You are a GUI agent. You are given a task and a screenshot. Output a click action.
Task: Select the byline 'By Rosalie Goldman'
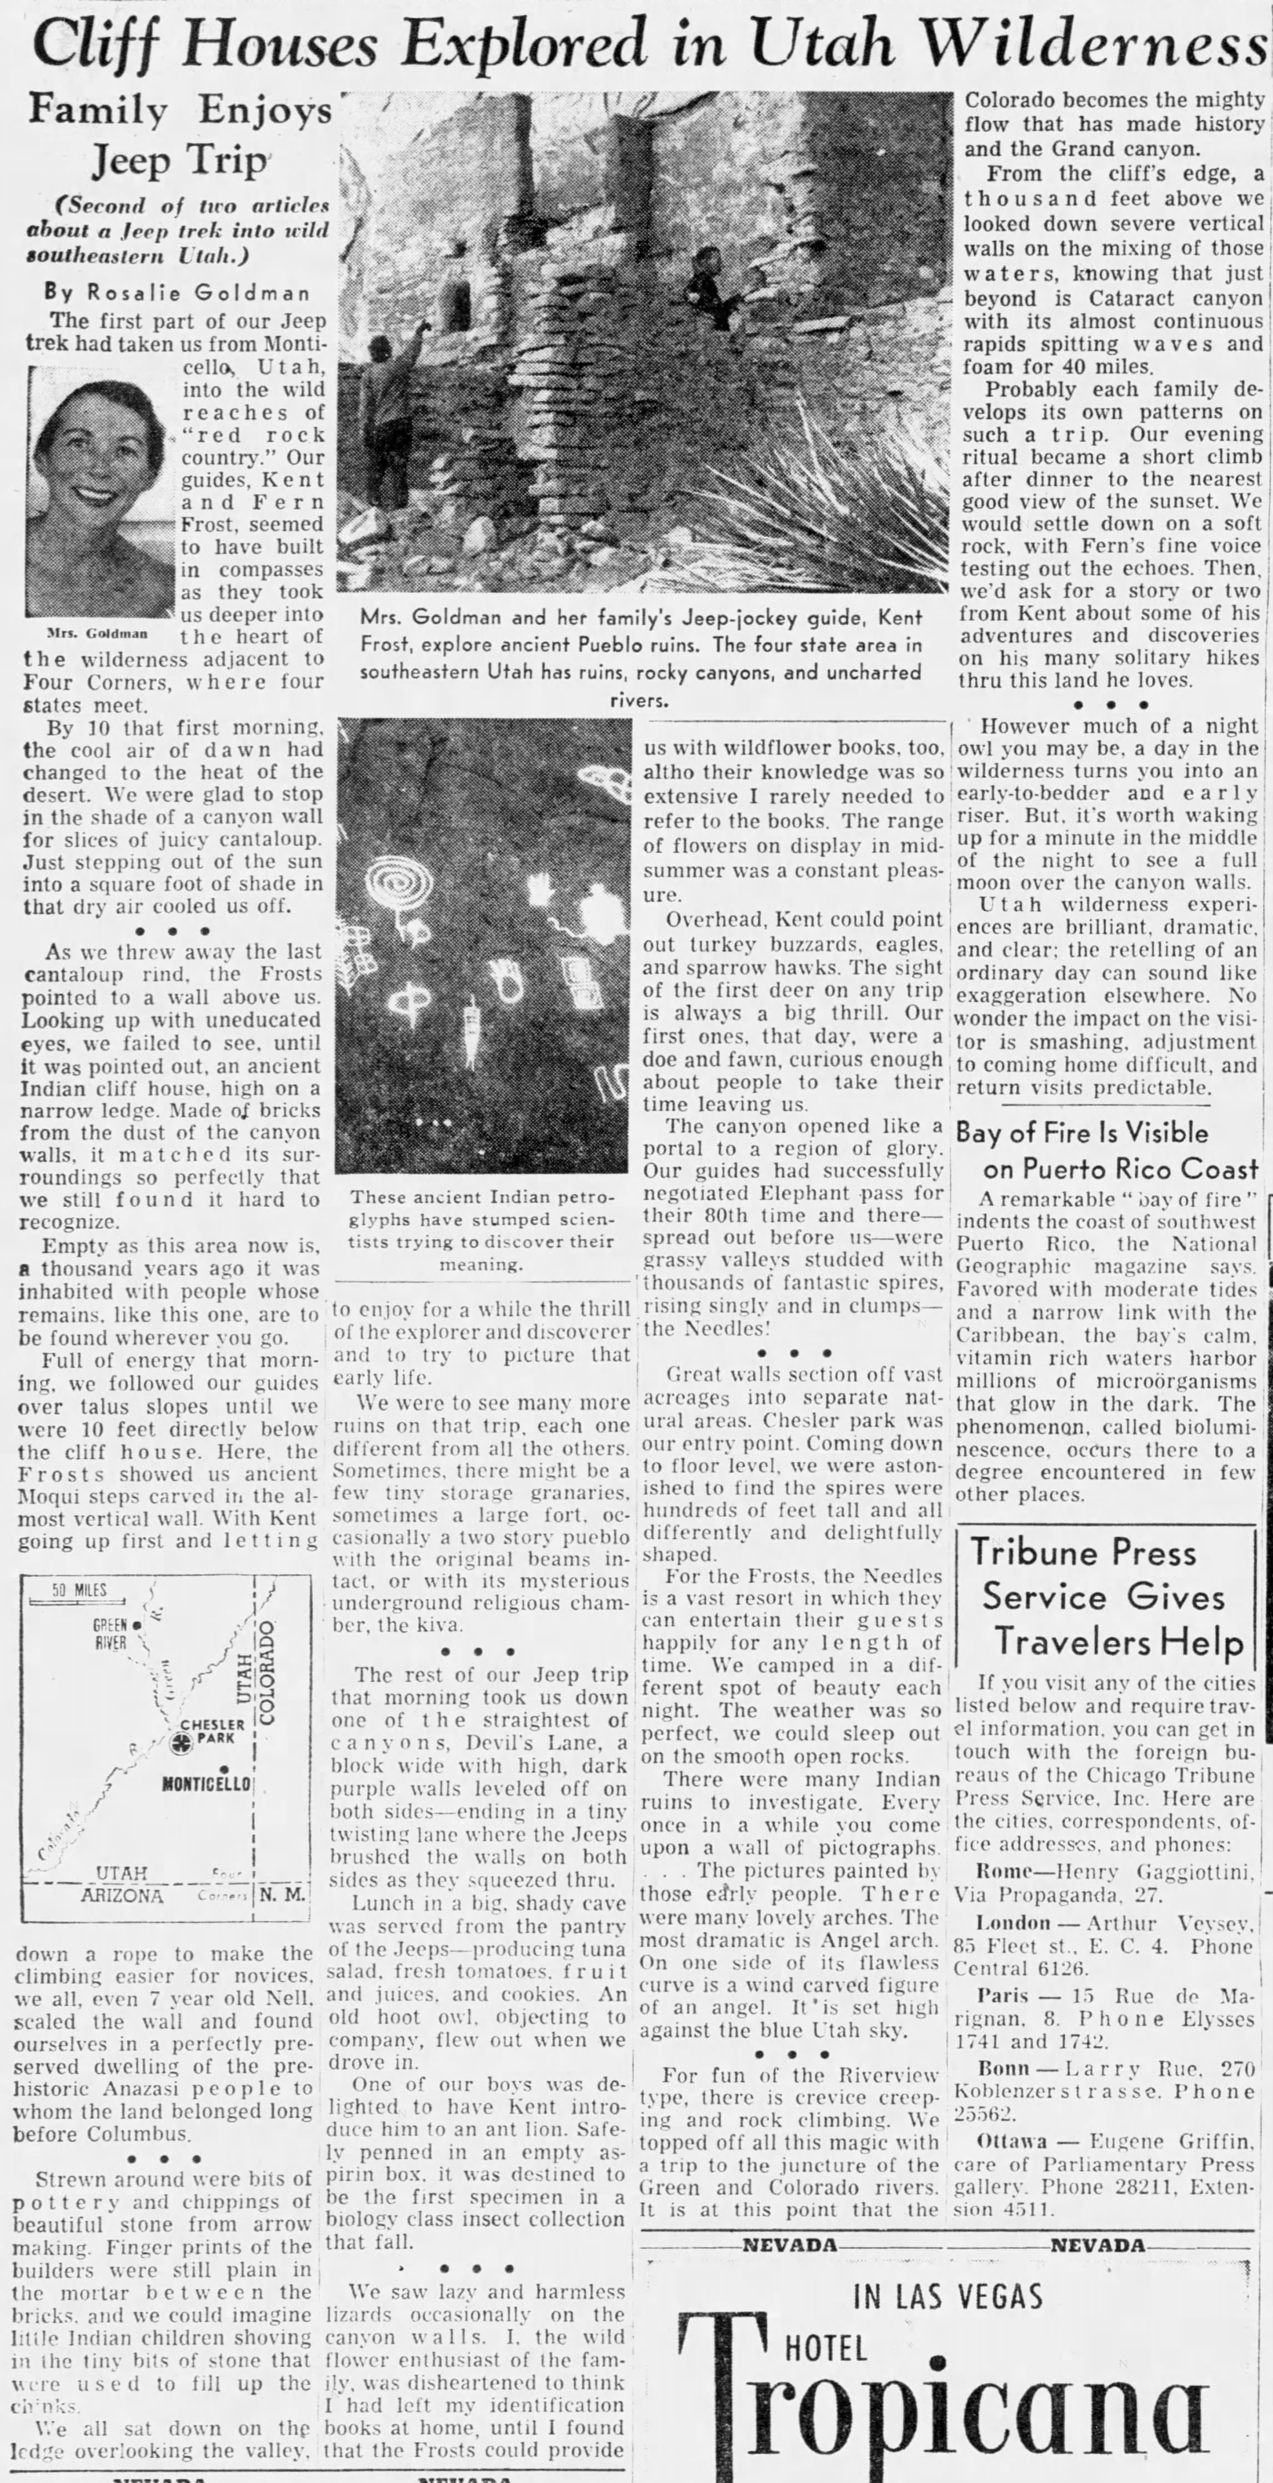click(x=177, y=292)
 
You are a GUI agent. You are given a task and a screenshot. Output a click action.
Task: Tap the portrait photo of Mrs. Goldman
click(x=100, y=492)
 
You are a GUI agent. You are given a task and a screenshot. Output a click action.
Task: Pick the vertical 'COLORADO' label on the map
click(x=268, y=1672)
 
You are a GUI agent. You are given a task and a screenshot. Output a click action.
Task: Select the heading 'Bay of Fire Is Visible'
click(x=1081, y=1132)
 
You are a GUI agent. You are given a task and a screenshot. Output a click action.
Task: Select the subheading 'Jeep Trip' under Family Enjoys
click(x=179, y=161)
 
